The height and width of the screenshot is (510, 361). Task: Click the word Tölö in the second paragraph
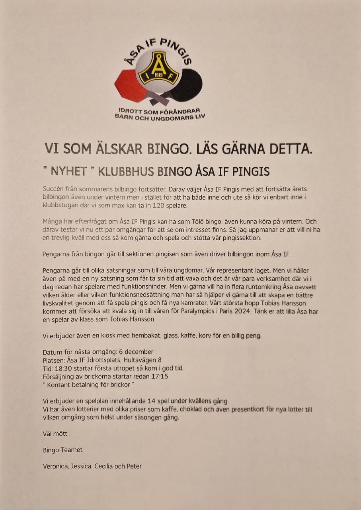[185, 222]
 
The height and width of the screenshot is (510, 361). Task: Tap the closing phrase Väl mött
[55, 433]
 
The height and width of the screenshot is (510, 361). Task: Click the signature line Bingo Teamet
[63, 450]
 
